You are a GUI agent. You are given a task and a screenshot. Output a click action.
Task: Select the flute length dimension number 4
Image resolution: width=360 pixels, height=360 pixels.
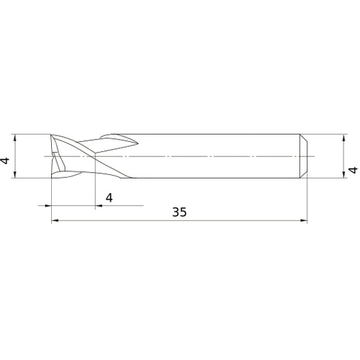coord(109,197)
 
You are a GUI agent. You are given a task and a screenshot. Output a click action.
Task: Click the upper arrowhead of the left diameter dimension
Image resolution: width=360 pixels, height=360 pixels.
coord(15,137)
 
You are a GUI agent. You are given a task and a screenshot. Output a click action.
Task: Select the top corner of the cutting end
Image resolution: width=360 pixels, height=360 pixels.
coord(53,135)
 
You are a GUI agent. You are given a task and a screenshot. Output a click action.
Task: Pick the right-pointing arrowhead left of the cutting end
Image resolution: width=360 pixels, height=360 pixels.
coord(48,205)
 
